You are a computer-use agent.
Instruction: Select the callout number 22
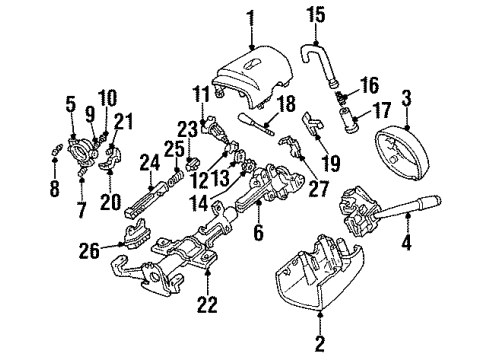[207, 304]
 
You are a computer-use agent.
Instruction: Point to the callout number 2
[320, 344]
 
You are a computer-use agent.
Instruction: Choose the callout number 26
[89, 250]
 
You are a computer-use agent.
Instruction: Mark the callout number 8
[55, 189]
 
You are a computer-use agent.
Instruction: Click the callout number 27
[318, 189]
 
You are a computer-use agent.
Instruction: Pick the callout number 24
[150, 162]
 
